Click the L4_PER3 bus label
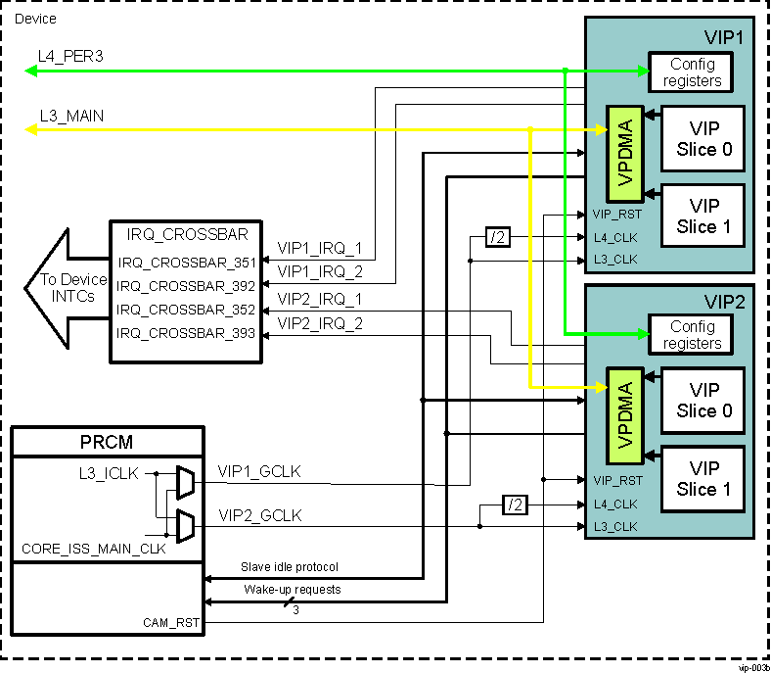(71, 57)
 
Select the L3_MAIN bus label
(71, 116)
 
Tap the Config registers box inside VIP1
(692, 72)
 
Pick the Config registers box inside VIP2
(692, 335)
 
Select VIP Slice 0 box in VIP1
(703, 139)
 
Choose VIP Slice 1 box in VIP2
(703, 479)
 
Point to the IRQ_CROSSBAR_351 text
(186, 263)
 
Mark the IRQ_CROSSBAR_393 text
(186, 334)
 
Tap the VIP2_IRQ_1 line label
(320, 298)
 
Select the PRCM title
(106, 442)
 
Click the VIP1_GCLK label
(259, 472)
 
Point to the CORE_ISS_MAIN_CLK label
(93, 549)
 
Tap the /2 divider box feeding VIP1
(499, 237)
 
